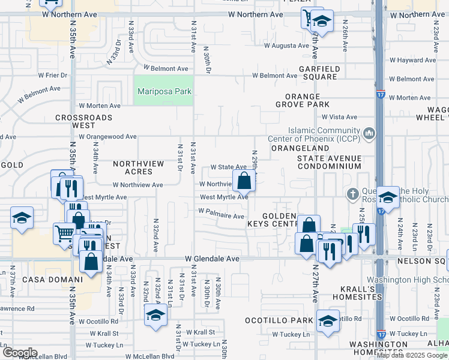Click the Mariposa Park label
click(x=164, y=91)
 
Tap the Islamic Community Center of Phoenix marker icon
click(x=369, y=132)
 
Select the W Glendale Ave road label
click(x=212, y=259)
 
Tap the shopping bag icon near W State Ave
click(x=244, y=180)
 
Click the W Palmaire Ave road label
click(x=221, y=216)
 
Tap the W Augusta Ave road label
click(x=282, y=46)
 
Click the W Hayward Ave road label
click(x=412, y=60)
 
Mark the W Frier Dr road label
click(x=53, y=76)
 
